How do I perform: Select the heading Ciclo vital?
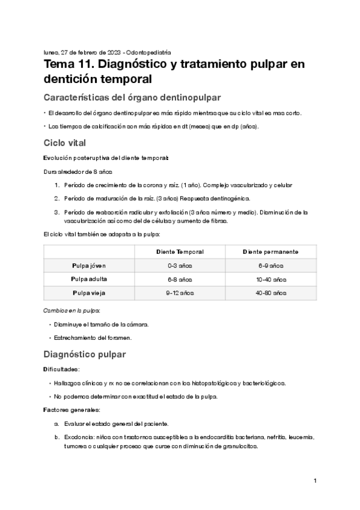(65, 143)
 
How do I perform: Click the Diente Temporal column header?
(180, 251)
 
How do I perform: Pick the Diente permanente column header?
(270, 251)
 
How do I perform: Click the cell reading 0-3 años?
(180, 265)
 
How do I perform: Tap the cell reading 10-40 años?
(271, 279)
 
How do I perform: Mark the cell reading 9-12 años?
(180, 293)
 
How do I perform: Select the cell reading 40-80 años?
(271, 293)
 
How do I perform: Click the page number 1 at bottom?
(315, 481)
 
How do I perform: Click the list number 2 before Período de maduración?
(56, 198)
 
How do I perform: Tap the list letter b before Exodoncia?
(56, 437)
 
